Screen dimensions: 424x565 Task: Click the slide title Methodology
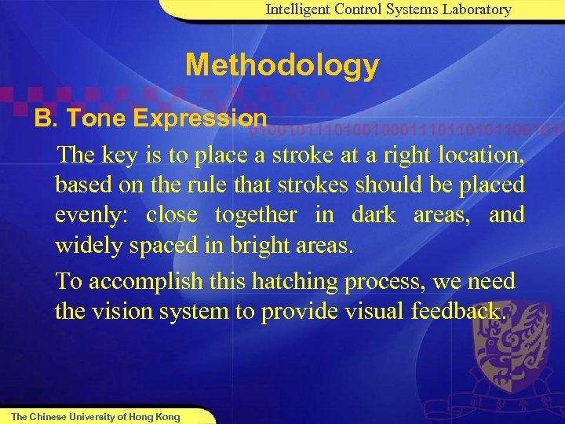[282, 66]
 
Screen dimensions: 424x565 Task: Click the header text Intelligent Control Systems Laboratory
[388, 10]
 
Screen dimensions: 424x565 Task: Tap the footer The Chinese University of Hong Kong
[95, 417]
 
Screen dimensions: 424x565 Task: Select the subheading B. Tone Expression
[150, 119]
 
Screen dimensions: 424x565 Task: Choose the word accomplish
[142, 281]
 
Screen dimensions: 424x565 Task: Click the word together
[256, 215]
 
